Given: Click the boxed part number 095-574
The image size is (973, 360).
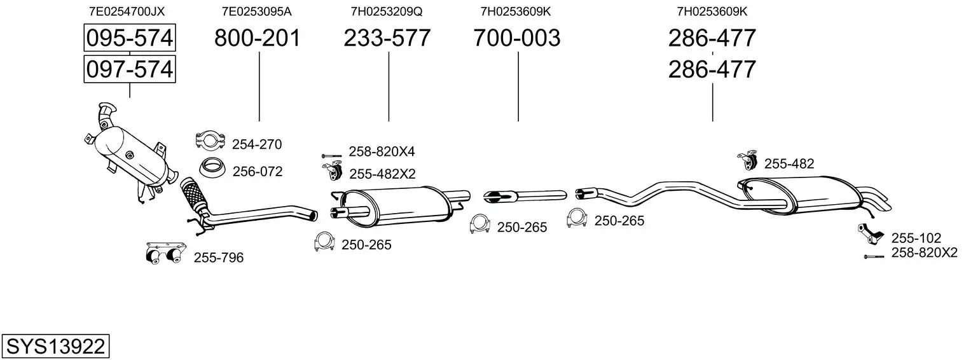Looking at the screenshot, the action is pos(130,38).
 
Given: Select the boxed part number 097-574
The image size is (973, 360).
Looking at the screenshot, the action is pos(130,69).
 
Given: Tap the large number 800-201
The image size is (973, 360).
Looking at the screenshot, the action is pos(257,38).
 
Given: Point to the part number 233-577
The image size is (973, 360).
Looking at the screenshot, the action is pos(387,38).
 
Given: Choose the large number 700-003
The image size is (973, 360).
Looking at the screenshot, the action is pos(517,38).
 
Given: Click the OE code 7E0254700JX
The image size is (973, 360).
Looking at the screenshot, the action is pos(127,11).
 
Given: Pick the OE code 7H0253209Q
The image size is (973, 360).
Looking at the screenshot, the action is pos(387,11).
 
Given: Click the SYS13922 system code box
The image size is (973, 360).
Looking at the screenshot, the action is pos(55,346).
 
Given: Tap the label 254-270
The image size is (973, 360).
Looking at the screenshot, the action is pos(257,144).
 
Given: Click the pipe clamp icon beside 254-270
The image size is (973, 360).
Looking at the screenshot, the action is pos(210,141).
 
